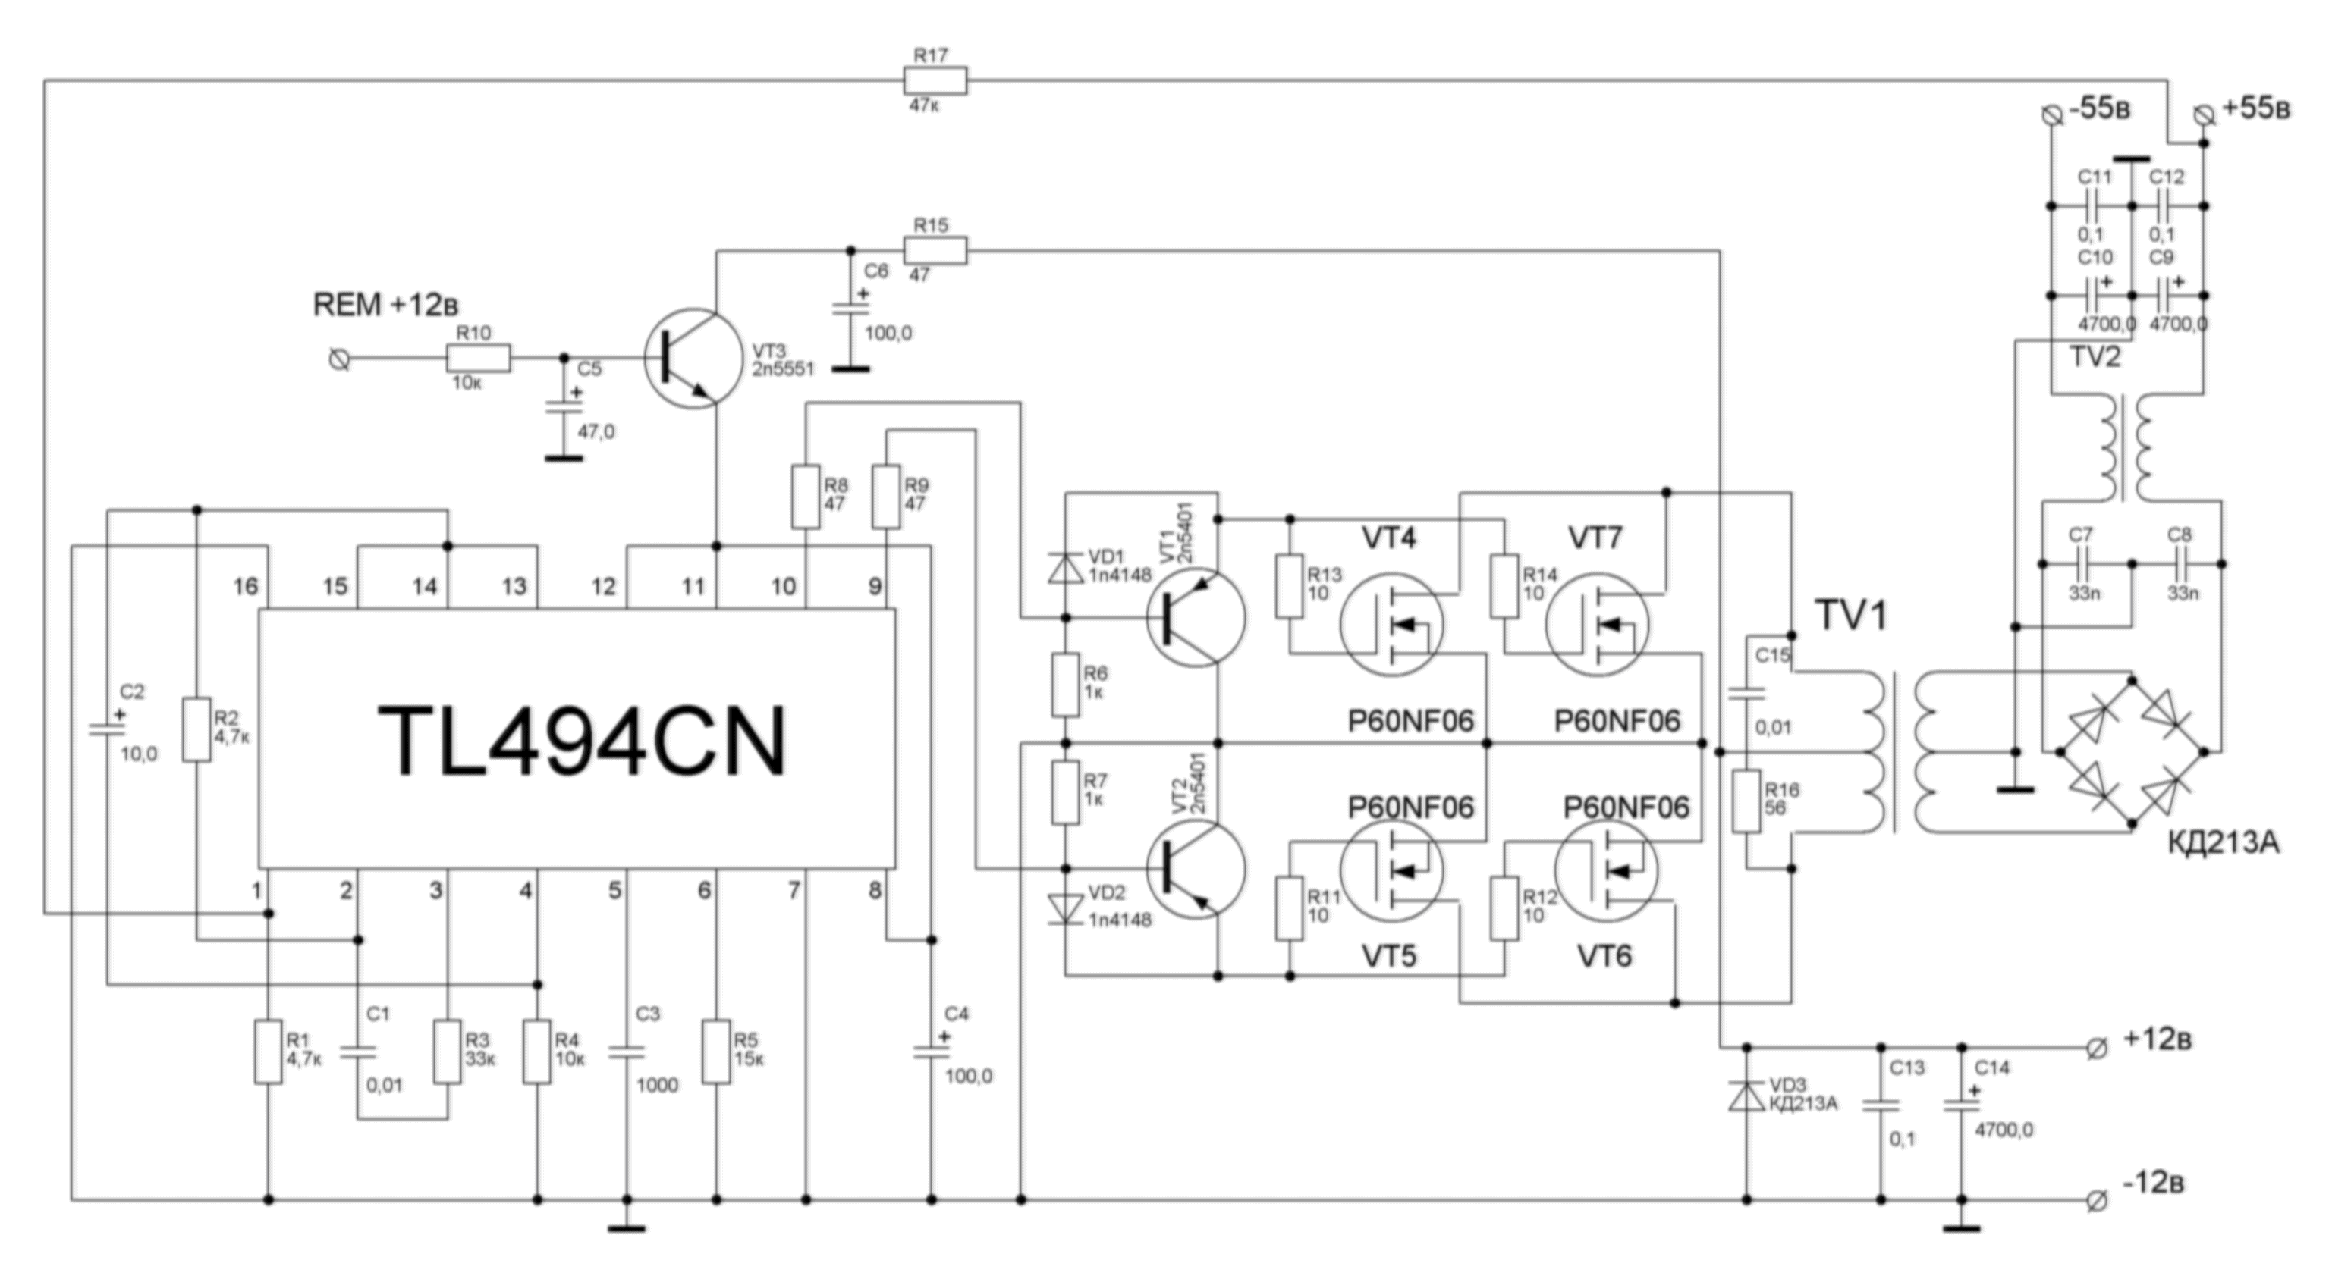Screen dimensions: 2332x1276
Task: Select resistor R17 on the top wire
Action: (935, 80)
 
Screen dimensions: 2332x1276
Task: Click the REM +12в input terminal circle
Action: (339, 359)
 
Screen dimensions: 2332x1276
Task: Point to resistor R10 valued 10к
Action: (478, 359)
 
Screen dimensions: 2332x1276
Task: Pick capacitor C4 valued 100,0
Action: (932, 1052)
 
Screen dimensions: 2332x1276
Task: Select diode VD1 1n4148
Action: (1066, 567)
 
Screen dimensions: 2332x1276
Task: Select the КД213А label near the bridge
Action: (2223, 842)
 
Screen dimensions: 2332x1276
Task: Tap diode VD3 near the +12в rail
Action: (1746, 1096)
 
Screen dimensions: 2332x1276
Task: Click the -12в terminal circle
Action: (2096, 1201)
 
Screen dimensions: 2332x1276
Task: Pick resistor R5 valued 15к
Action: (716, 1052)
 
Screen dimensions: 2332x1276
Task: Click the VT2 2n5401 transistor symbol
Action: (1195, 869)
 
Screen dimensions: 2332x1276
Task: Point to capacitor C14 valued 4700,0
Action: (1962, 1106)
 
